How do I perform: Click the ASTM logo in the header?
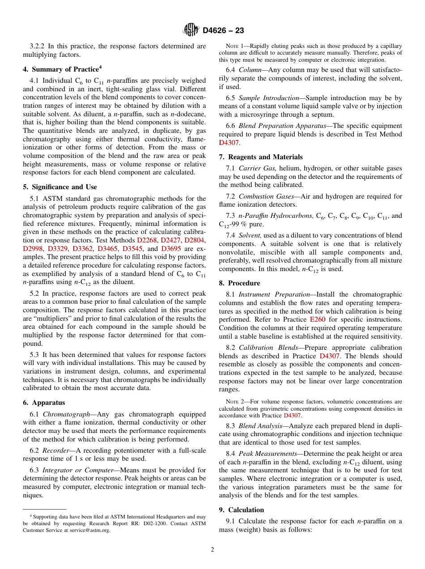click(191, 30)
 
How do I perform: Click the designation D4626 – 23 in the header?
click(223, 31)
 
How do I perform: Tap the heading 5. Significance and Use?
click(59, 187)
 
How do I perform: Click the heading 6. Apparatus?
click(44, 403)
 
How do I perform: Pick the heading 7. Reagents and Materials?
click(261, 157)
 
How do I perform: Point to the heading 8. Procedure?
click(239, 283)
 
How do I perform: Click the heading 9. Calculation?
click(242, 510)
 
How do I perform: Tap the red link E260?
click(317, 320)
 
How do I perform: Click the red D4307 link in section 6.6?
click(229, 143)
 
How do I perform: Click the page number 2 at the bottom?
click(212, 550)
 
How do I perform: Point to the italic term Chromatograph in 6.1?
click(61, 415)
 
